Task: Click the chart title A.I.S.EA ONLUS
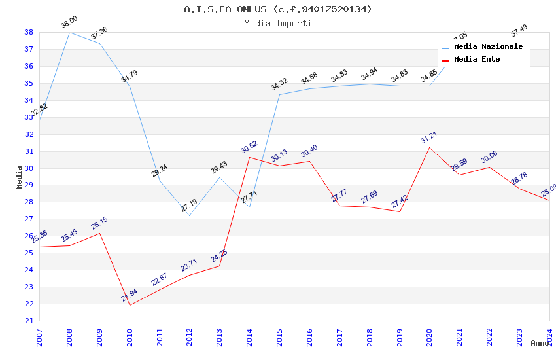click(x=277, y=9)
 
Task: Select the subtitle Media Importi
click(x=277, y=23)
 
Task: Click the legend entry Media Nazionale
click(x=488, y=47)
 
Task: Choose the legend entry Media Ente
click(x=477, y=60)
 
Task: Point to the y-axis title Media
click(x=20, y=177)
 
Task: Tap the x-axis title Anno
click(x=539, y=343)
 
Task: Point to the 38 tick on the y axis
click(x=29, y=32)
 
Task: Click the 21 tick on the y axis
click(x=29, y=321)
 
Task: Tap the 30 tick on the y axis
click(x=29, y=168)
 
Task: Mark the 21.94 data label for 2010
click(x=130, y=295)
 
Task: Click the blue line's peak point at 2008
click(x=69, y=32)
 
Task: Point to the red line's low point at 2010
click(x=130, y=305)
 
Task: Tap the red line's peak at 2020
click(x=430, y=147)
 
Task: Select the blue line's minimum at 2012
click(x=190, y=215)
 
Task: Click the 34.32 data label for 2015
click(x=279, y=84)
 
